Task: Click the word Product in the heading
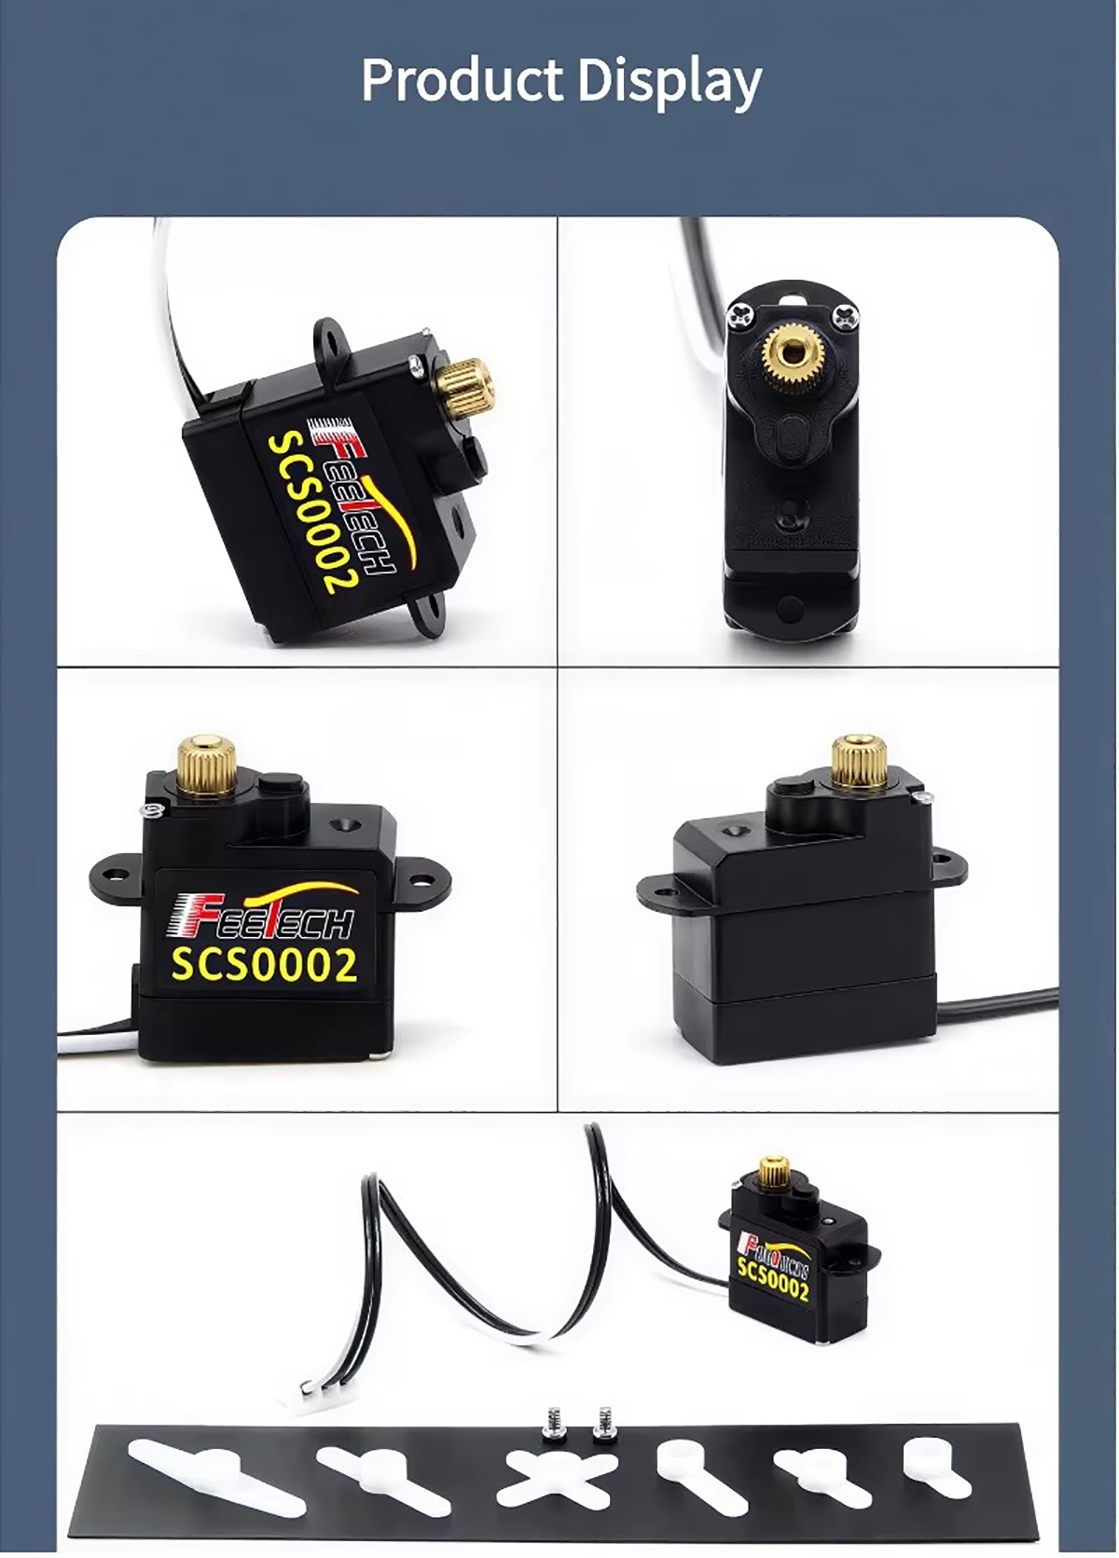[x=461, y=81]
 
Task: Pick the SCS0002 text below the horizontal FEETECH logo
[x=264, y=965]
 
